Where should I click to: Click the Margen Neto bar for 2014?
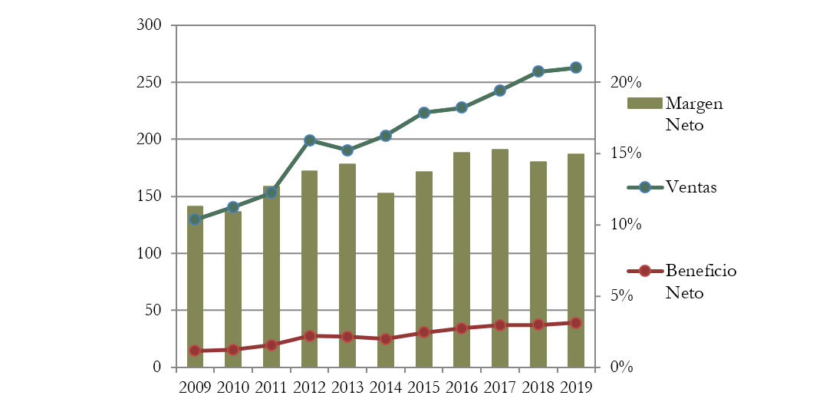point(385,280)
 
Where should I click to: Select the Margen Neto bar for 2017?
point(499,258)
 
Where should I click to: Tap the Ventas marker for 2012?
point(309,140)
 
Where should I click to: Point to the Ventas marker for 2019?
point(575,68)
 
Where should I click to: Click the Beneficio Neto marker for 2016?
point(461,328)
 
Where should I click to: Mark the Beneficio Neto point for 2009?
point(195,351)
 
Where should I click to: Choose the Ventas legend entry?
point(691,187)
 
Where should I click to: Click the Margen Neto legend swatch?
point(645,104)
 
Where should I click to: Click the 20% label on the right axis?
point(618,83)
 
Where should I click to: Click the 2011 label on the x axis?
point(271,387)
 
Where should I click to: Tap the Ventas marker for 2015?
point(423,113)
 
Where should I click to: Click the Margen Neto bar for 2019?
point(575,260)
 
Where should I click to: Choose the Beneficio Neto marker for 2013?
point(347,337)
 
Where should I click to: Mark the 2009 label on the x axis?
point(195,387)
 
